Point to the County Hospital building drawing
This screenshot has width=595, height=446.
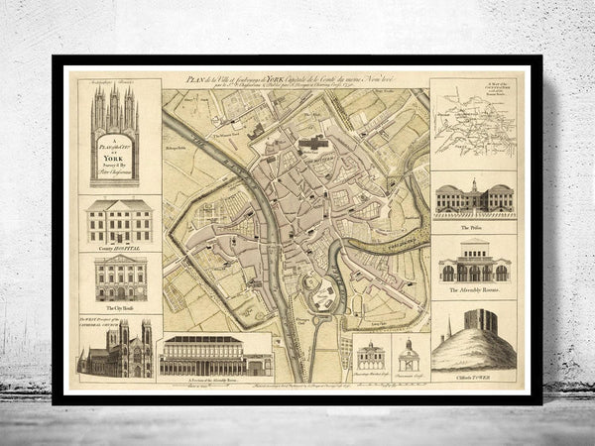(120, 222)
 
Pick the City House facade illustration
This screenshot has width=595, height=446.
(120, 279)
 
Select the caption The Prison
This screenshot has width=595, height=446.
(473, 225)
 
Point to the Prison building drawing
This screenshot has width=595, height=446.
(473, 200)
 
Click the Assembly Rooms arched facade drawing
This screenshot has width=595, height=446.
(473, 265)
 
